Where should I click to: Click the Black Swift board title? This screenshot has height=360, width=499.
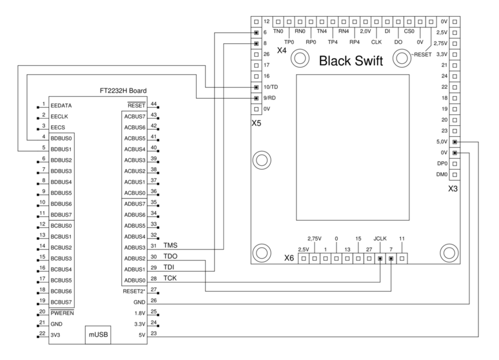[x=351, y=61]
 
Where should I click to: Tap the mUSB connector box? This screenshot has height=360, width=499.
[x=99, y=335]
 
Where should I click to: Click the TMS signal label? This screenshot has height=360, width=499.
[x=171, y=246]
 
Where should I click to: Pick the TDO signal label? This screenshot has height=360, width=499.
[x=171, y=257]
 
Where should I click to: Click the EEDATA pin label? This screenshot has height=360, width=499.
[x=62, y=105]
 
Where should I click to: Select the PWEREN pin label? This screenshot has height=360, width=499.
[x=63, y=312]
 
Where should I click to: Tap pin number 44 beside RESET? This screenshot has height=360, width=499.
[x=153, y=104]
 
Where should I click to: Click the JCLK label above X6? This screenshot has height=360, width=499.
[x=381, y=237]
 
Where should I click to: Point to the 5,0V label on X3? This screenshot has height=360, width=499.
[x=442, y=142]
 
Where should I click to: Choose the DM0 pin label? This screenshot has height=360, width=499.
[x=442, y=174]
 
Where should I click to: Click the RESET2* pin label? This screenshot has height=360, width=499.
[x=133, y=291]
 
